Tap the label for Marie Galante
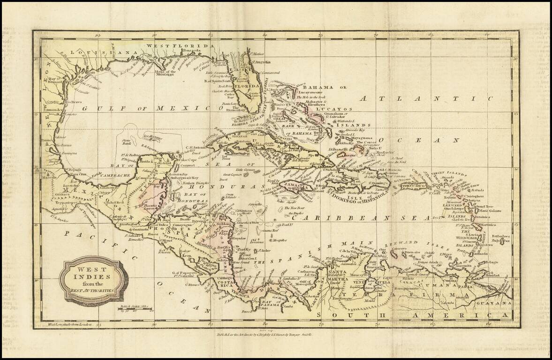(x=490, y=211)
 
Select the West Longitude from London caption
(x=74, y=324)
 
